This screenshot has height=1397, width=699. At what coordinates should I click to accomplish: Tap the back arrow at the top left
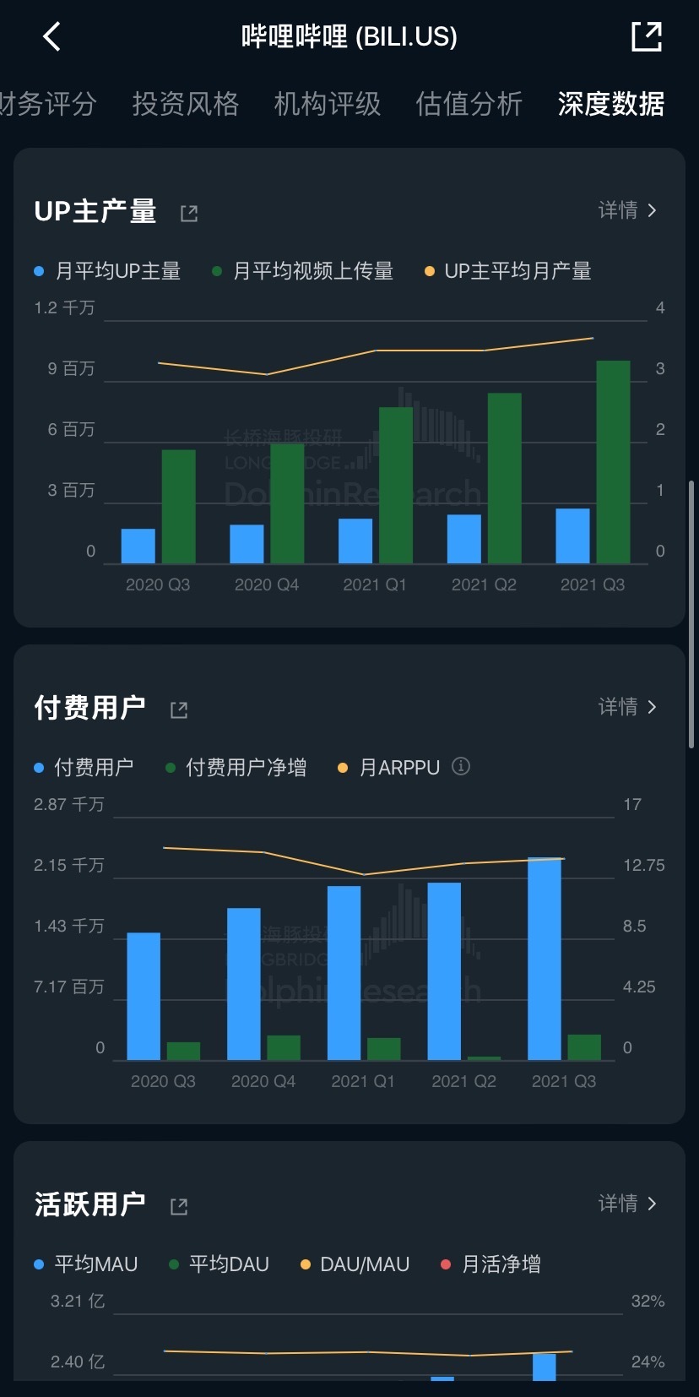click(51, 36)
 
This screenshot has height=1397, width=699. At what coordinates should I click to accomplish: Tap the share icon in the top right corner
click(647, 36)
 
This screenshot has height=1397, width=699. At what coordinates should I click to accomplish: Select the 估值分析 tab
click(469, 104)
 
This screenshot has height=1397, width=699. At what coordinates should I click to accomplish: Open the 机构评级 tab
click(327, 104)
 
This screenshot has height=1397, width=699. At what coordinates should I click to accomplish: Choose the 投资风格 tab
click(185, 104)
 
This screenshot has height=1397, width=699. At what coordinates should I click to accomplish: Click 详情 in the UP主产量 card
click(626, 210)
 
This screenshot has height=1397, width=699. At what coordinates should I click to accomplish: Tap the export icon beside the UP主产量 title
click(189, 213)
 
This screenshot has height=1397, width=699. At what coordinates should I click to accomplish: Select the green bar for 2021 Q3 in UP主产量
click(613, 461)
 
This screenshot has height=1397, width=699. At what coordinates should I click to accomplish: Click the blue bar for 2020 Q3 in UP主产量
click(138, 546)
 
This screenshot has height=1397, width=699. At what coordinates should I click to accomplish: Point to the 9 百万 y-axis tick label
click(71, 368)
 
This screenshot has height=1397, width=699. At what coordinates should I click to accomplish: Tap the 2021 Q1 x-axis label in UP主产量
click(374, 584)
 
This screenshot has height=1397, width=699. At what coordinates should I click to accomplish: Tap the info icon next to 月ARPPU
click(461, 766)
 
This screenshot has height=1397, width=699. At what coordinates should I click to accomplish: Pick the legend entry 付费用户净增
click(246, 768)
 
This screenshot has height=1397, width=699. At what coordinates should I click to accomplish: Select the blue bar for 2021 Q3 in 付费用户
click(545, 959)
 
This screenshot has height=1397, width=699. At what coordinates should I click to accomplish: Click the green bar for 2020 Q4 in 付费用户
click(284, 1047)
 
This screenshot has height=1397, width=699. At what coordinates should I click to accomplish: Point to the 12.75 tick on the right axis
click(643, 865)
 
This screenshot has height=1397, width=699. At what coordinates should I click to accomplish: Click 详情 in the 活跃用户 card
click(626, 1204)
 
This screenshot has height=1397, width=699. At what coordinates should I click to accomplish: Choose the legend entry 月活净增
click(501, 1264)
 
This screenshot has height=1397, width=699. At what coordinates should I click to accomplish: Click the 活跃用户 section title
click(89, 1204)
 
